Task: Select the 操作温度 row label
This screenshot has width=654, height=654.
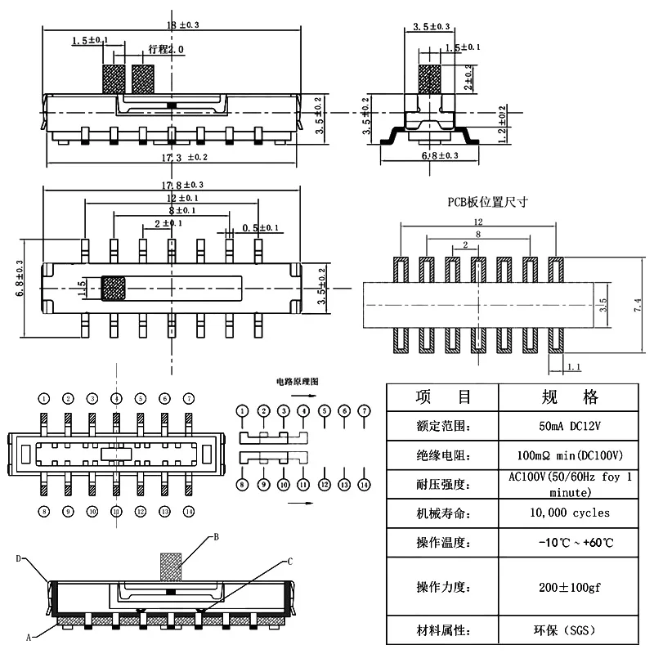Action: tap(442, 543)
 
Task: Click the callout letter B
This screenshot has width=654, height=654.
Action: tap(216, 537)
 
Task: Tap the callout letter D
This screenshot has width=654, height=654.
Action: tap(17, 558)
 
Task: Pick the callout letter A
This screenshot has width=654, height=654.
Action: tap(28, 635)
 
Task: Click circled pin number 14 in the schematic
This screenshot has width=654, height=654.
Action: tap(365, 485)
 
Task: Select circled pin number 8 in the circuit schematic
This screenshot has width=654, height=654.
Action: tap(243, 485)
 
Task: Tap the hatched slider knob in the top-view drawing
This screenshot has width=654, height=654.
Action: tap(114, 288)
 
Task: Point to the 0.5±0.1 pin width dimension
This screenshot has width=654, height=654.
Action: tap(261, 228)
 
